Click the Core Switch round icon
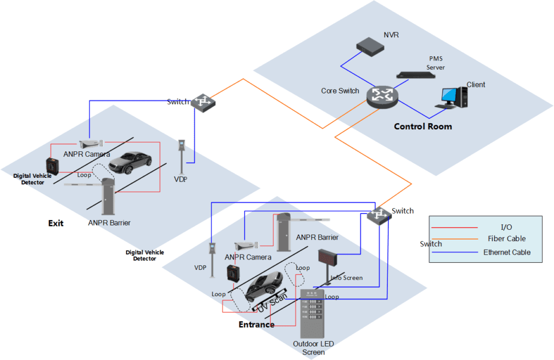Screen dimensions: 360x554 click(x=381, y=96)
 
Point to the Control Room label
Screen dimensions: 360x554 click(x=423, y=126)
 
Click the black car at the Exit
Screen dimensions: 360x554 click(x=130, y=162)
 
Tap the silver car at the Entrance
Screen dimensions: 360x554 click(x=263, y=285)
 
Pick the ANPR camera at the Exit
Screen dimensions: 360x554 click(x=90, y=144)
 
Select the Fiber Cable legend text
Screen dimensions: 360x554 click(x=506, y=238)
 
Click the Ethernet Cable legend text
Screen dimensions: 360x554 click(x=506, y=252)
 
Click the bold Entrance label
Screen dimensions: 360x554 click(x=256, y=325)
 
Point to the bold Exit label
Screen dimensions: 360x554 click(x=56, y=223)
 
